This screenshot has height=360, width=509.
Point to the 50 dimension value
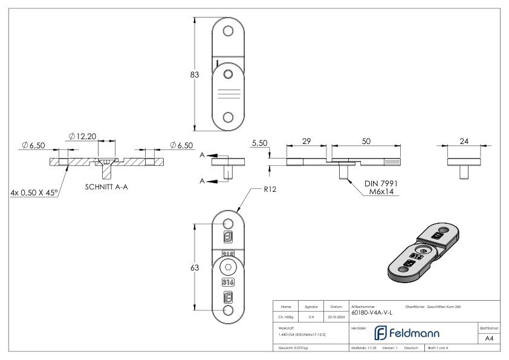click(366, 140)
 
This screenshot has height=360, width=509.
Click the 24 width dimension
click(464, 140)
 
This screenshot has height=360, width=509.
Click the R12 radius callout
click(270, 189)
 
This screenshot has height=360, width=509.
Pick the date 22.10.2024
click(336, 315)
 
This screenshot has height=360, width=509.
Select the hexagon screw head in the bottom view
click(228, 269)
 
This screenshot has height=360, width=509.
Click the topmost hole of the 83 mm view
click(228, 31)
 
